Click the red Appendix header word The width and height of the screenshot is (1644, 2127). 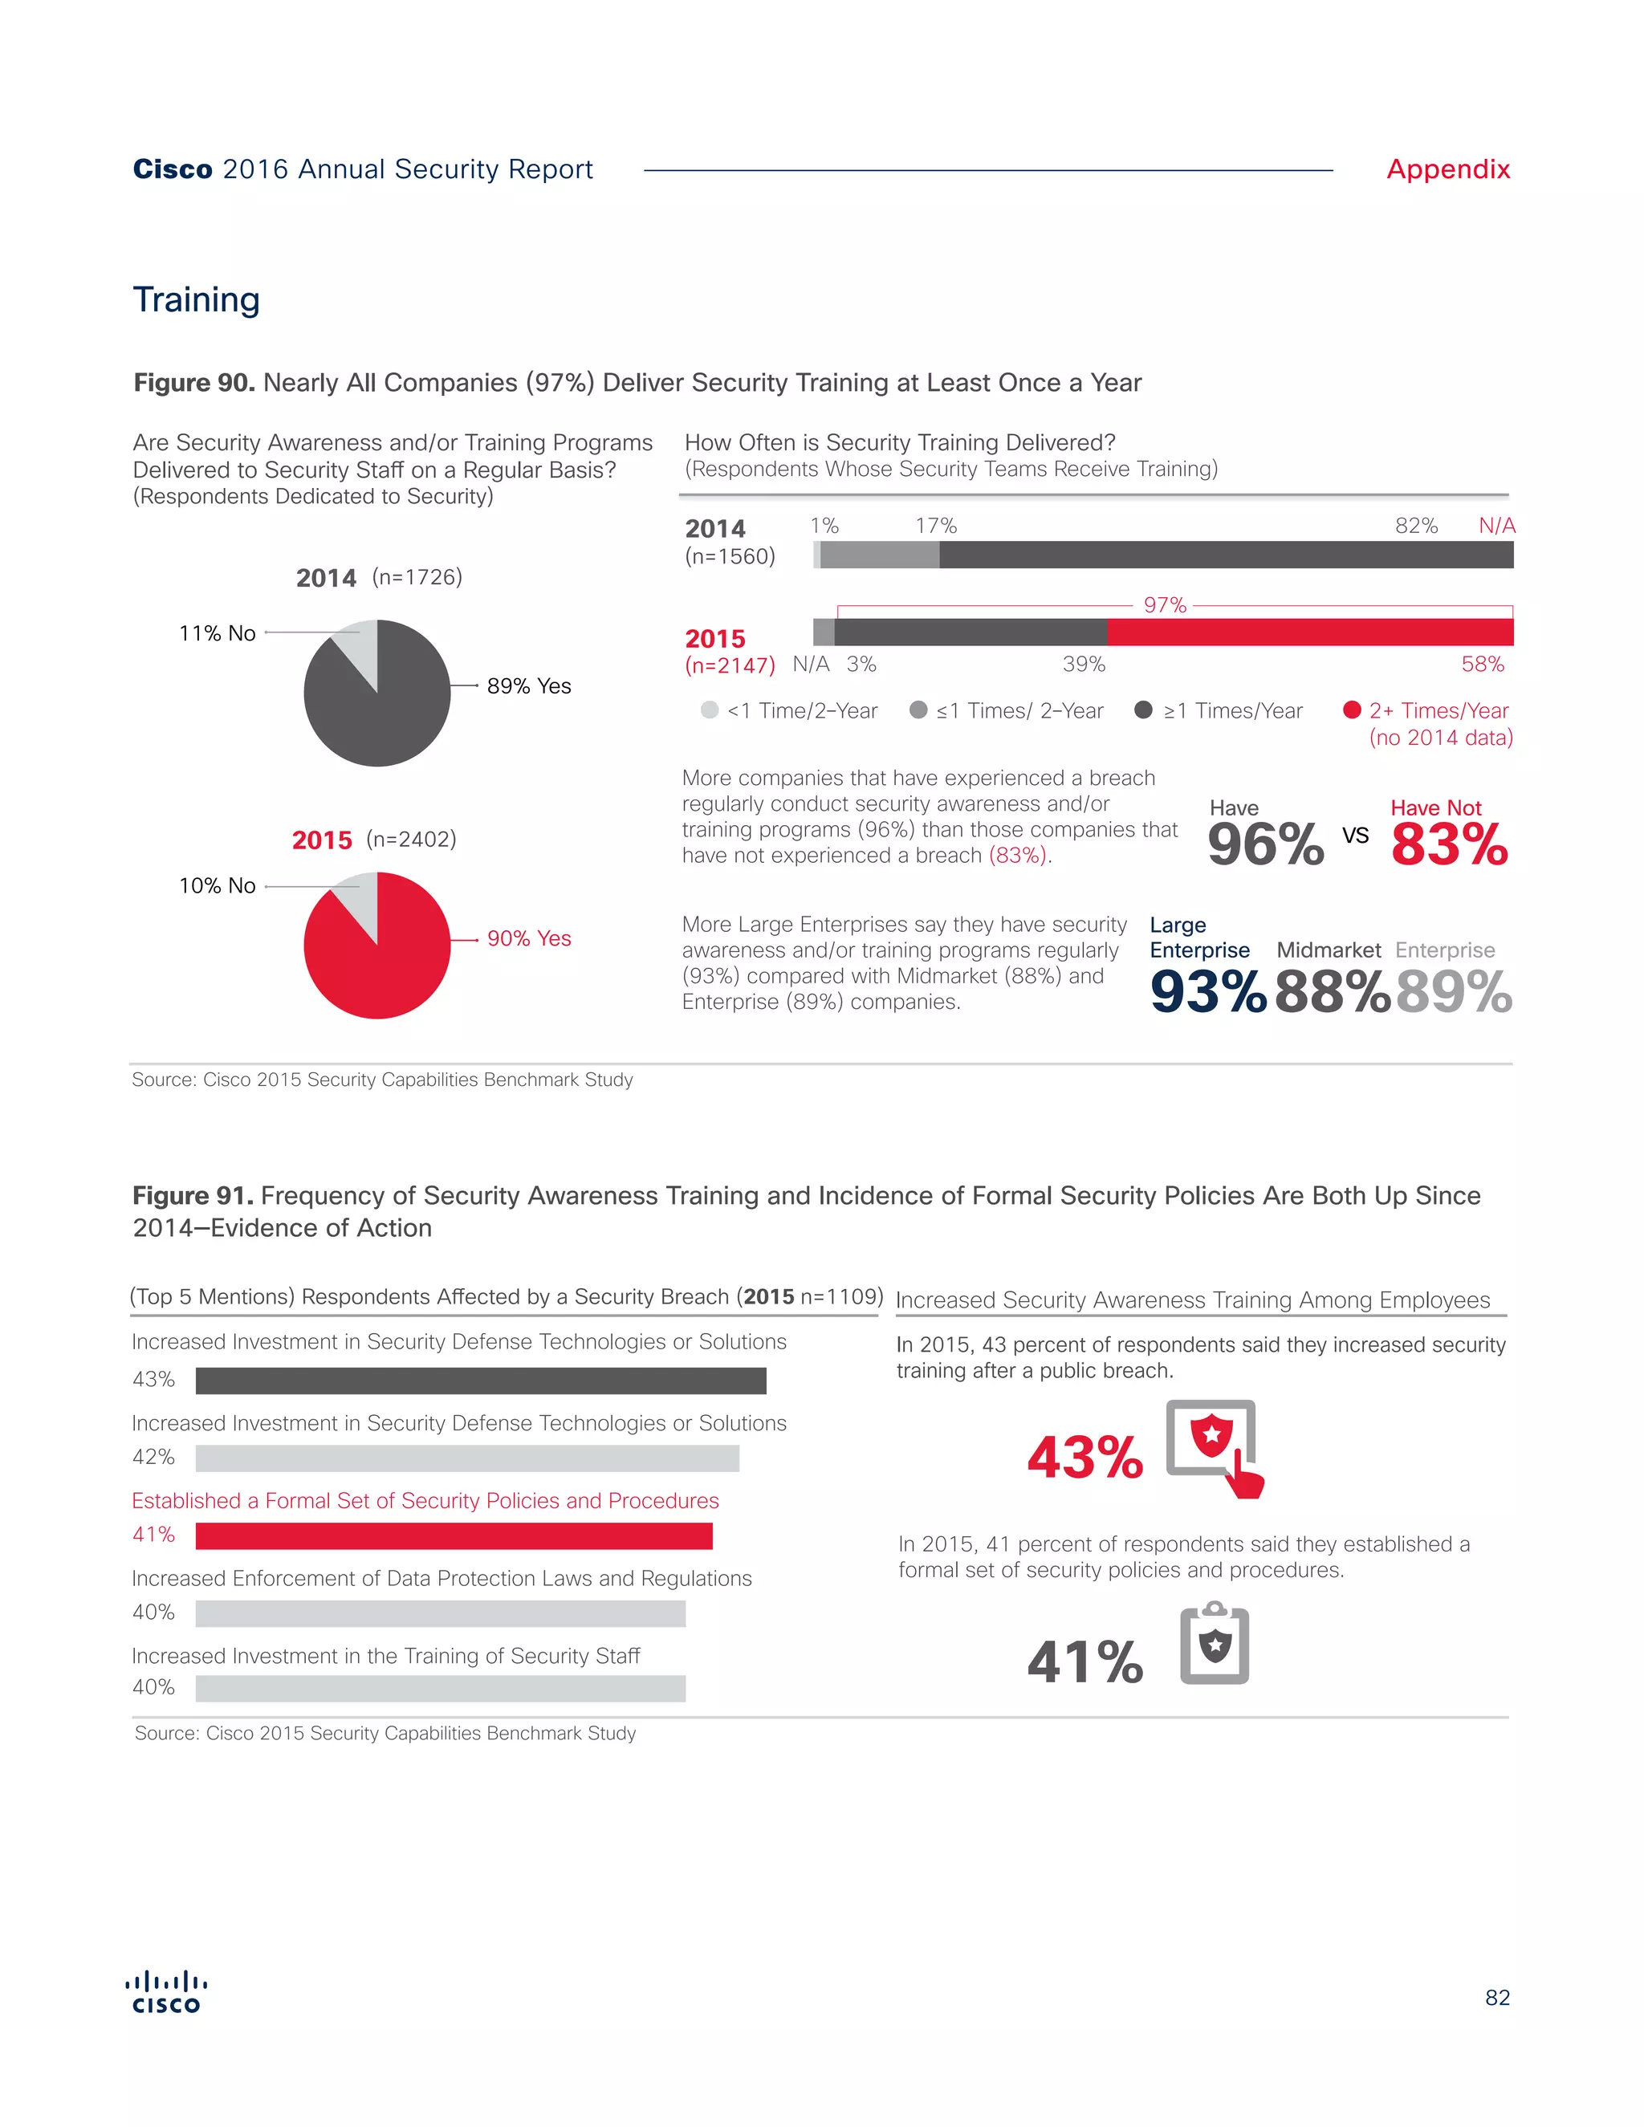click(x=1447, y=169)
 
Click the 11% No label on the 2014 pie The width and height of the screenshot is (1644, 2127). click(x=218, y=633)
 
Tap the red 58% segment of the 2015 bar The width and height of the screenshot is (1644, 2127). click(x=1309, y=632)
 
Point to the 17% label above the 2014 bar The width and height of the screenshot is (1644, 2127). click(x=935, y=526)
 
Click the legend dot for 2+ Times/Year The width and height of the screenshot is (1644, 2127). click(x=1351, y=710)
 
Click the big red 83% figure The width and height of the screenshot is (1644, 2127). click(x=1448, y=844)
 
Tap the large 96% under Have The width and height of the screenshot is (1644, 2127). click(x=1265, y=844)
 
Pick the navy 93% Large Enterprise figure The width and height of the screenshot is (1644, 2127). click(x=1207, y=992)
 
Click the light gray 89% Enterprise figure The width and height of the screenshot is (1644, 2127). click(x=1453, y=992)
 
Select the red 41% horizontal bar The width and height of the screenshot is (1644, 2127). click(x=454, y=1535)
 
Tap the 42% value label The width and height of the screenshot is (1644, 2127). click(x=154, y=1457)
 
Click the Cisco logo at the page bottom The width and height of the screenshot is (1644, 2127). click(x=166, y=1993)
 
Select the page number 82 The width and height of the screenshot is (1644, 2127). click(x=1497, y=1998)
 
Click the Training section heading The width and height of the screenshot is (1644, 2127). click(x=196, y=300)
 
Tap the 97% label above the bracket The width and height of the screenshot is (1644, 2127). click(x=1165, y=605)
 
